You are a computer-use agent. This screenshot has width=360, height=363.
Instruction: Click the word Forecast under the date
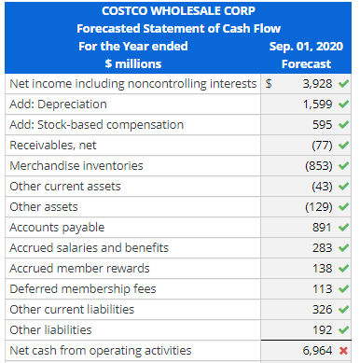307,63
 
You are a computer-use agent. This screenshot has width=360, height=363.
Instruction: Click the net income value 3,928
314,84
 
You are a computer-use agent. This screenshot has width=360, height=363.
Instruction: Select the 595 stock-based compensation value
322,124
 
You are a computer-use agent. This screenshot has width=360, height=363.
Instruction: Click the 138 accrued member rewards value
322,268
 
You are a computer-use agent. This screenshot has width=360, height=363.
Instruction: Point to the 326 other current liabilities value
322,309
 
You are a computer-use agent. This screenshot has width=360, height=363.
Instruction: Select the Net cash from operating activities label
100,351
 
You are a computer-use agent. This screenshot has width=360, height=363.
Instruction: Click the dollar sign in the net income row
270,84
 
